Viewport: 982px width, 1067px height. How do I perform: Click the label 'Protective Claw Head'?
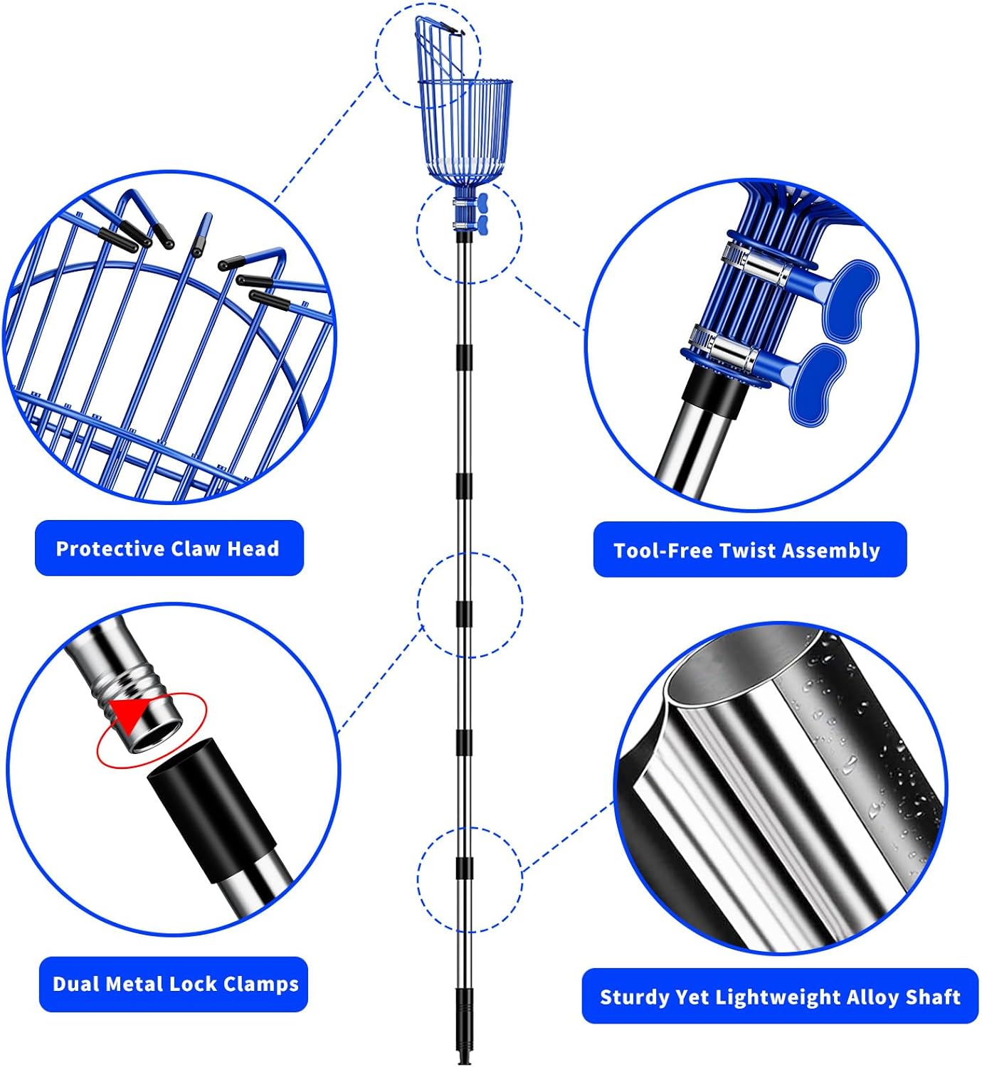[169, 548]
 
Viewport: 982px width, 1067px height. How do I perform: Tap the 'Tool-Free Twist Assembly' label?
[749, 551]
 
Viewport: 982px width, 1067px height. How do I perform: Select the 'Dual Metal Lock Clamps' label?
[174, 984]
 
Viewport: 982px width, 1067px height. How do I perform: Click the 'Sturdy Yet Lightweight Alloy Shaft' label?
[780, 997]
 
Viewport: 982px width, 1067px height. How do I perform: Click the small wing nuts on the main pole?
[483, 213]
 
